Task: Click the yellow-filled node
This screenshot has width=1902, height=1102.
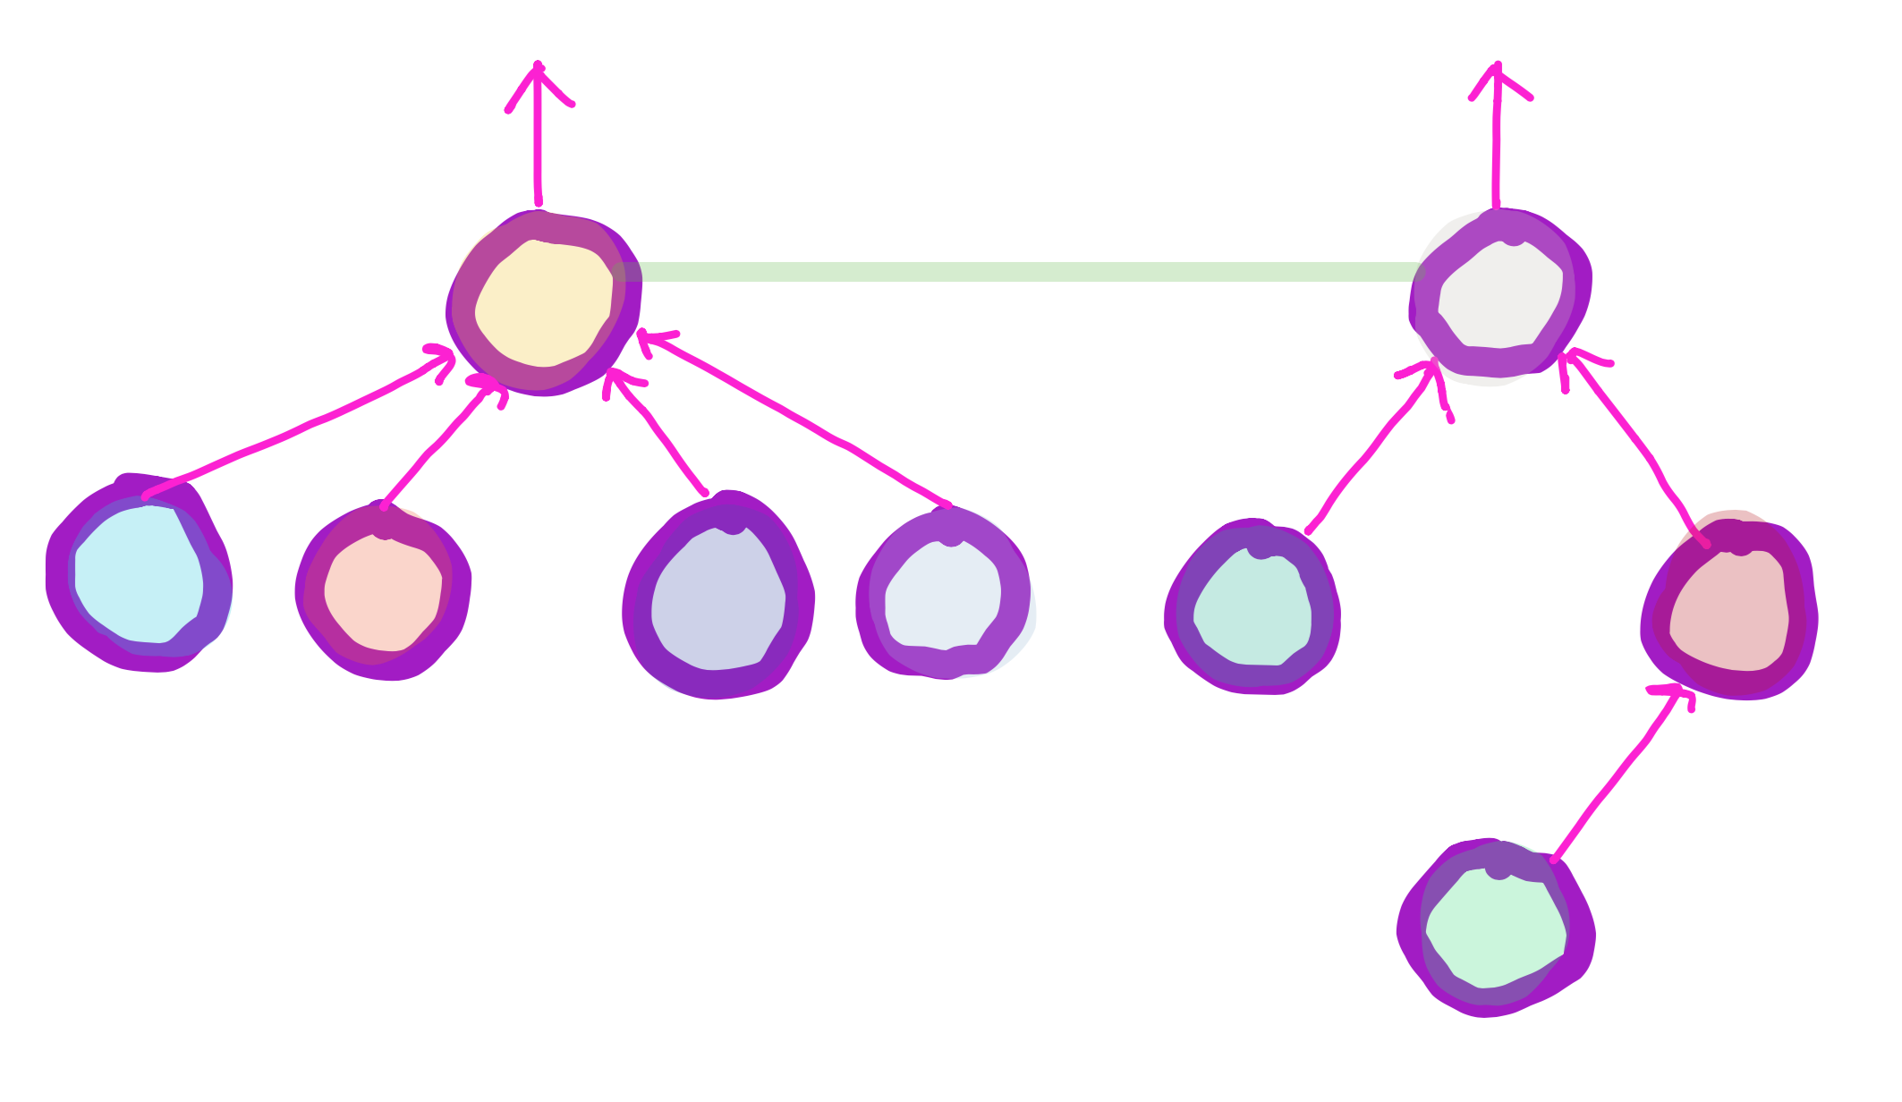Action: [543, 303]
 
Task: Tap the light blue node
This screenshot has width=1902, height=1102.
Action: [140, 575]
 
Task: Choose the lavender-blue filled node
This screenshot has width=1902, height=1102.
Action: [717, 598]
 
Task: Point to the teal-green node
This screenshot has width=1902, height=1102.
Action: [1252, 608]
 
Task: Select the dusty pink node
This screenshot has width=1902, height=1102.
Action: [1728, 612]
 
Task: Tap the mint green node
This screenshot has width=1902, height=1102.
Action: [1495, 930]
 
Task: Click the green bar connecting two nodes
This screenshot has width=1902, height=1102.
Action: [1020, 272]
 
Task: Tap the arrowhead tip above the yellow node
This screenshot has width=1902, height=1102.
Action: [538, 66]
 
